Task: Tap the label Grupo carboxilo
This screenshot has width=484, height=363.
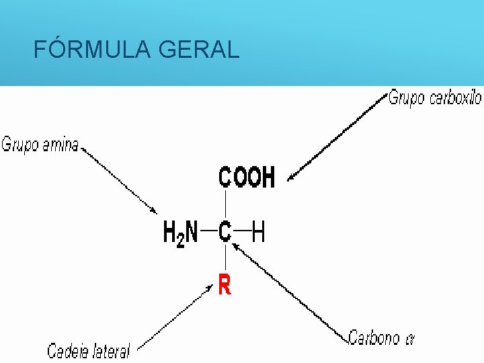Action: (x=435, y=98)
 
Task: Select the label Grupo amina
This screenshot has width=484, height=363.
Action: (x=40, y=145)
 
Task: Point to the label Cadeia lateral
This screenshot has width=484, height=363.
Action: (x=88, y=350)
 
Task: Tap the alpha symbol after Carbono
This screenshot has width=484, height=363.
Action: (x=409, y=338)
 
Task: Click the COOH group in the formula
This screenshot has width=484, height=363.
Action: (x=246, y=177)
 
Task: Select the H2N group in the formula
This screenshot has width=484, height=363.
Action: (x=181, y=233)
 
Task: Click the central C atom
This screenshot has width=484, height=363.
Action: (x=225, y=233)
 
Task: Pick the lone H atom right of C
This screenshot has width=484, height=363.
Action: (x=258, y=233)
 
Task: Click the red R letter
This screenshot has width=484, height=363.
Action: (x=225, y=286)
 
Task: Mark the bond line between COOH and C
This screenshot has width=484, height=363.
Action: (x=225, y=204)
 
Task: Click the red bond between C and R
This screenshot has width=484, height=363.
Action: (x=225, y=259)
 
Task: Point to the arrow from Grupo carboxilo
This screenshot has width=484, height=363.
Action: (x=336, y=141)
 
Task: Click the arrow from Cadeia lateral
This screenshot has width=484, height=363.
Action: (x=175, y=316)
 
